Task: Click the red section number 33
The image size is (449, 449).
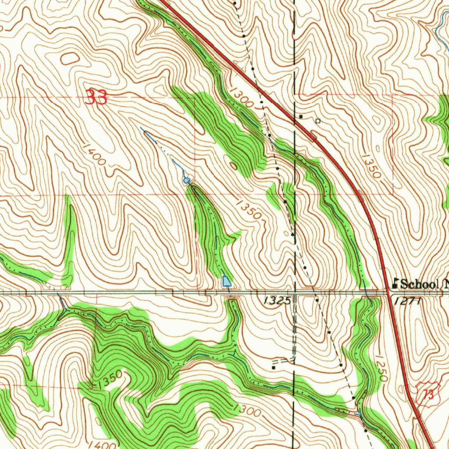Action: click(x=96, y=97)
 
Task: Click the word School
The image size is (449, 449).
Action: click(x=420, y=284)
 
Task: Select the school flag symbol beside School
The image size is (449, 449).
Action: click(x=395, y=283)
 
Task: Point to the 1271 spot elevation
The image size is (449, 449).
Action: click(x=408, y=301)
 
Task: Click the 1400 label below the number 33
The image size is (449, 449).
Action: click(x=93, y=154)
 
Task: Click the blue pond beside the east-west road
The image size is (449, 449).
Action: click(x=227, y=281)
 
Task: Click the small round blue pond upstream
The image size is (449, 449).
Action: click(x=186, y=180)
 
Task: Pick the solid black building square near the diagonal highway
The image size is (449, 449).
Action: click(x=301, y=116)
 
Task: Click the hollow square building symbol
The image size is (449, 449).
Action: click(x=318, y=120)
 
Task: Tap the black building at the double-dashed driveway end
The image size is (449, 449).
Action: click(x=274, y=368)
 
